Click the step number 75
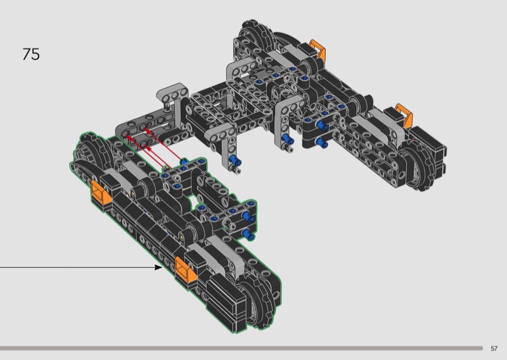click(x=31, y=54)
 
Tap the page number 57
click(x=494, y=349)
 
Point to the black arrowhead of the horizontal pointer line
click(x=158, y=267)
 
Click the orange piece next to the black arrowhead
click(x=186, y=269)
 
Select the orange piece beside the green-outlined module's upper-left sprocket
click(x=101, y=193)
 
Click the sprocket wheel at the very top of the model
click(x=256, y=35)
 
